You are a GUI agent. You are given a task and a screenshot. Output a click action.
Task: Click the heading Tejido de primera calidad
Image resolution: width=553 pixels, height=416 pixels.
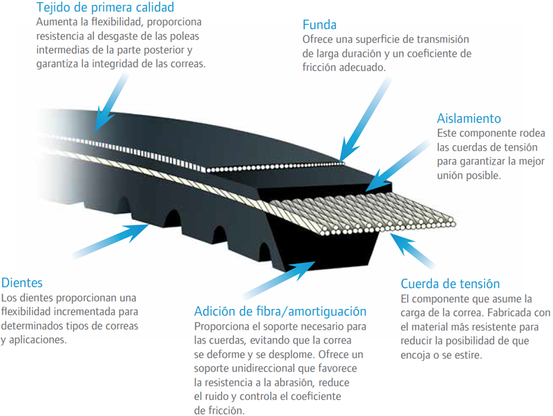click(x=105, y=8)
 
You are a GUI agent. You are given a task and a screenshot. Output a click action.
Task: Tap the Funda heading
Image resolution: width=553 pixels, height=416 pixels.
click(x=319, y=25)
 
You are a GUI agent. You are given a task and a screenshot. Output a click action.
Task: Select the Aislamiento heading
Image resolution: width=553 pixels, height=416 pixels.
click(x=469, y=118)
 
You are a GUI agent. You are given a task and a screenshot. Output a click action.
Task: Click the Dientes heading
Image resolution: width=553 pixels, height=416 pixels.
click(x=22, y=283)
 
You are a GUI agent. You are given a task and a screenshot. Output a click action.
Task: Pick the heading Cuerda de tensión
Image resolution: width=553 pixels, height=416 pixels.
click(x=450, y=284)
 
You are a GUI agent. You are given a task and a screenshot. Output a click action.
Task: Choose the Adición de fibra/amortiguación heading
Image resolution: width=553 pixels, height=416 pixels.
click(x=280, y=311)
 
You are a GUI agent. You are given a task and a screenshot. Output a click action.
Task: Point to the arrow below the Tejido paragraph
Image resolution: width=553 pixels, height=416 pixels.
click(x=112, y=102)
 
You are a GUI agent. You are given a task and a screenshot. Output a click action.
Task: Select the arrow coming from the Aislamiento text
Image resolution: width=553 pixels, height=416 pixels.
click(x=398, y=166)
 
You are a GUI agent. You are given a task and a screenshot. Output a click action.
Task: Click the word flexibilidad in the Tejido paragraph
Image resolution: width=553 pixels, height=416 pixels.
click(x=115, y=22)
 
